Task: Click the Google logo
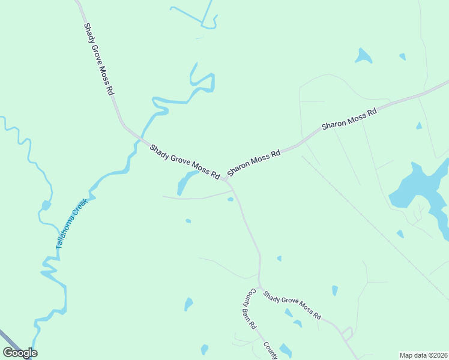[20, 353]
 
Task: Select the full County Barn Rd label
[250, 309]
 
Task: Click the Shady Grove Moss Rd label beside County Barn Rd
[292, 305]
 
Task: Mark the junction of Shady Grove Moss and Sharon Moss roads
[225, 179]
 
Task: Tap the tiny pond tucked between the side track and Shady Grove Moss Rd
[231, 199]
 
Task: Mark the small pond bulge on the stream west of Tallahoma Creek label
[46, 206]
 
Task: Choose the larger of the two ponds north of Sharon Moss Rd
[363, 56]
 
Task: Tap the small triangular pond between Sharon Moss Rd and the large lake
[418, 126]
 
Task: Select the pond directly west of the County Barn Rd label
[189, 304]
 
